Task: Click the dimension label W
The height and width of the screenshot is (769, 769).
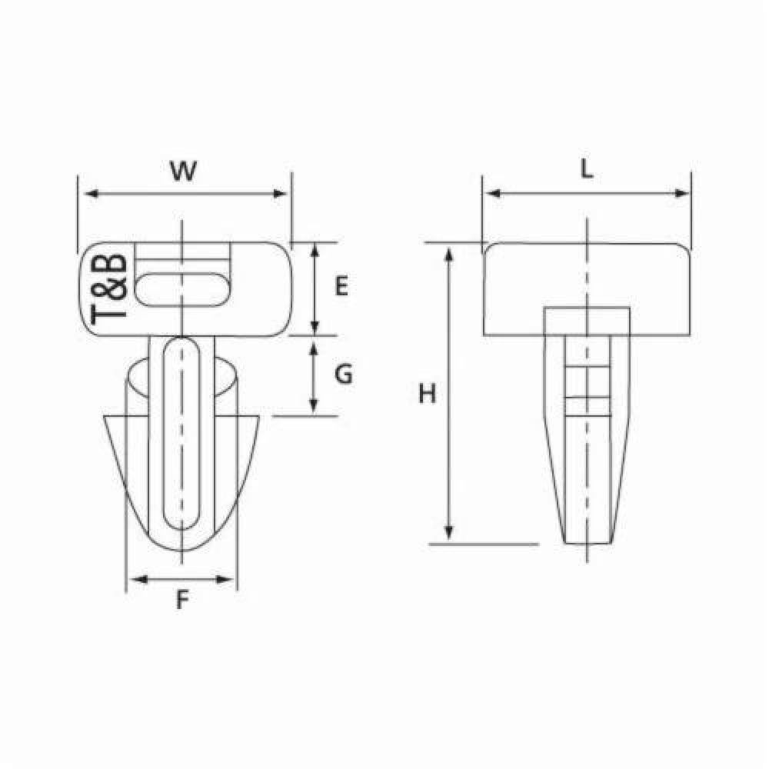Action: [182, 171]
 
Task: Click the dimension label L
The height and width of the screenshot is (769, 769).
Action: [587, 171]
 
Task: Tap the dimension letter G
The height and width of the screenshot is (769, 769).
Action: [344, 375]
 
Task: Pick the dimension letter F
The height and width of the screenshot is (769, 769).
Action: [182, 601]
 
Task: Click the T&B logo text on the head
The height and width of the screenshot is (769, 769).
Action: [109, 288]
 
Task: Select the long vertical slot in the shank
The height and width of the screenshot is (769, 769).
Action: [182, 434]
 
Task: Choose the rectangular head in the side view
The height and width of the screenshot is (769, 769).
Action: [587, 288]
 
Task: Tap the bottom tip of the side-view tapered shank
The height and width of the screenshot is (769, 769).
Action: [587, 541]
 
